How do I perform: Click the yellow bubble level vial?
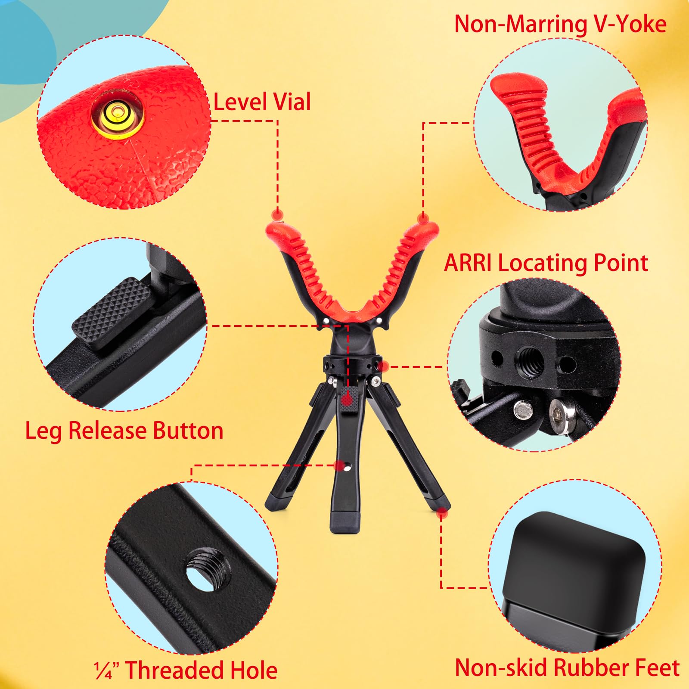[117, 115]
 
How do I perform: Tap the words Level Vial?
[262, 102]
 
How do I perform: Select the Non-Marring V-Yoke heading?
[560, 24]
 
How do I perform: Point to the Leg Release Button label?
[124, 431]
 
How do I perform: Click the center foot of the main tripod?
[344, 522]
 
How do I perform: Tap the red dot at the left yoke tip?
[278, 215]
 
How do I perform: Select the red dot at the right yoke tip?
[424, 219]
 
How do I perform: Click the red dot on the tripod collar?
[384, 366]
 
